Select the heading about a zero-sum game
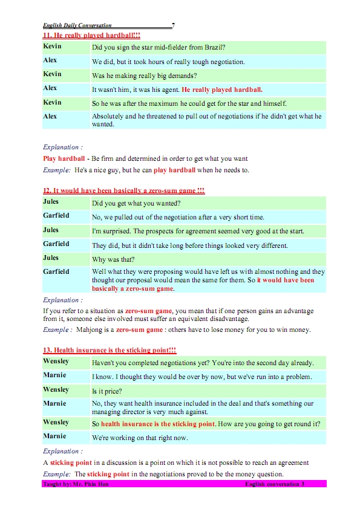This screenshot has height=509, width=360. [124, 190]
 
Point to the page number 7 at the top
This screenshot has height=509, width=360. [174, 25]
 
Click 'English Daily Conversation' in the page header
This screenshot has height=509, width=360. [77, 25]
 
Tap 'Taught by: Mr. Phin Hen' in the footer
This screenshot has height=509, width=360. [76, 484]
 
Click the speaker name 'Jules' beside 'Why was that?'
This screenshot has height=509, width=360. [51, 258]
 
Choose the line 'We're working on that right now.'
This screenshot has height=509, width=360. [140, 438]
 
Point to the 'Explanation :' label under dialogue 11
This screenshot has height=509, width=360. [64, 147]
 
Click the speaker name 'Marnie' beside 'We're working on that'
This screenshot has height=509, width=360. [54, 436]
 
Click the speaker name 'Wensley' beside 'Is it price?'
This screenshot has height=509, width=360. [56, 389]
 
